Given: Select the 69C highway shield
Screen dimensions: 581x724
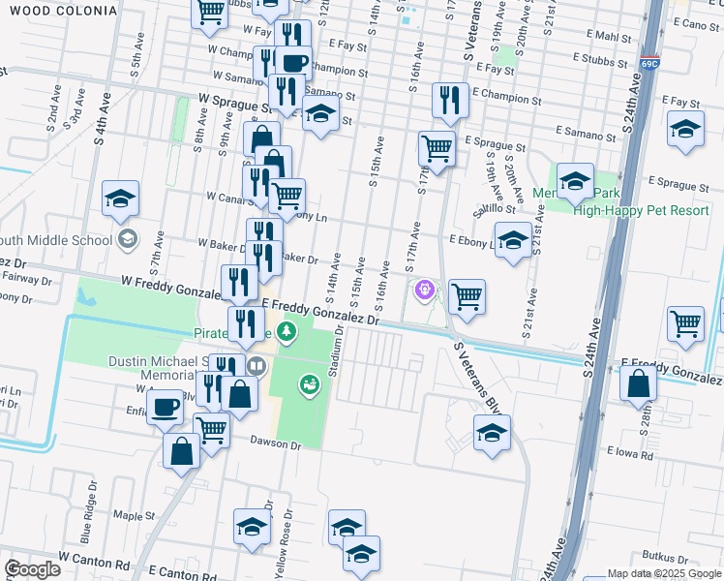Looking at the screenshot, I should click(649, 65).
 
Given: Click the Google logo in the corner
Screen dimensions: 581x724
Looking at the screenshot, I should click(32, 569).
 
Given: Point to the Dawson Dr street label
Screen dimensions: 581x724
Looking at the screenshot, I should click(276, 445).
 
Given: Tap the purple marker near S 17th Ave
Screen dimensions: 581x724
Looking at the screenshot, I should click(423, 289).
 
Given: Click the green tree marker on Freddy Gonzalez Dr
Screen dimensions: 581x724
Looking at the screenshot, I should click(286, 333).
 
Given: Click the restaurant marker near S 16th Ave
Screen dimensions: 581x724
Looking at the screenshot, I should click(450, 100).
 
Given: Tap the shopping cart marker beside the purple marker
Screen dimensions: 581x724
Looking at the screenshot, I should click(467, 297).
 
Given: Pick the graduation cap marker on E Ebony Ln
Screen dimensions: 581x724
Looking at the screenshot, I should click(513, 239).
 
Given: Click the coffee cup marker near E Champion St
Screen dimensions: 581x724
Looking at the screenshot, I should click(294, 64).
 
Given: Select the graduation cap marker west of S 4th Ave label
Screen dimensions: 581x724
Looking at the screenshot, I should click(120, 199).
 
